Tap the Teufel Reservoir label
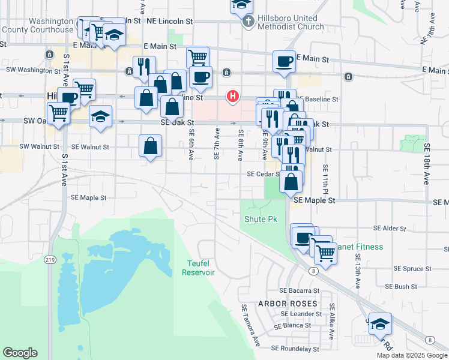[x=198, y=268]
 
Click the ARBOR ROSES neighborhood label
[x=287, y=304]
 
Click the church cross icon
[x=247, y=22]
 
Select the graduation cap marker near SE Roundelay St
[x=379, y=324]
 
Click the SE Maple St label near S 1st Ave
[x=88, y=197]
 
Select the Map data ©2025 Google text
[x=411, y=355]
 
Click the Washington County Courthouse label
[x=37, y=25]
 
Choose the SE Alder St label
[x=390, y=229]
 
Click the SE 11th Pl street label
[x=325, y=178]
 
